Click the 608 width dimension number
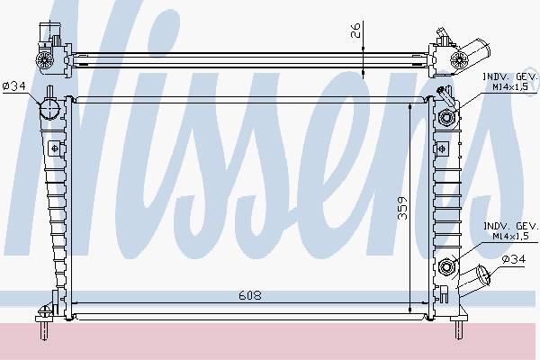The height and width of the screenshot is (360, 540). [x=249, y=295]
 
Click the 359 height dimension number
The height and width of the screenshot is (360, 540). [x=402, y=208]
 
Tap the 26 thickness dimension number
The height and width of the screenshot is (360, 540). [x=355, y=30]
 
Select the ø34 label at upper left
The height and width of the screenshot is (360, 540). [x=14, y=86]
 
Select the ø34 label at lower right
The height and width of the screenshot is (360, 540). [x=514, y=259]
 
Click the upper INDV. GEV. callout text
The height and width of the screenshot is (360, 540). [x=510, y=76]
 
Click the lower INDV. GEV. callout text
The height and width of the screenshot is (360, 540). [x=510, y=226]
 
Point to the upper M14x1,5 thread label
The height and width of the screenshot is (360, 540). [x=510, y=86]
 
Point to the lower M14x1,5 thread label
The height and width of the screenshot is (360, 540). [x=510, y=237]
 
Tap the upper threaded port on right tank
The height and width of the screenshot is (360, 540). [x=446, y=118]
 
